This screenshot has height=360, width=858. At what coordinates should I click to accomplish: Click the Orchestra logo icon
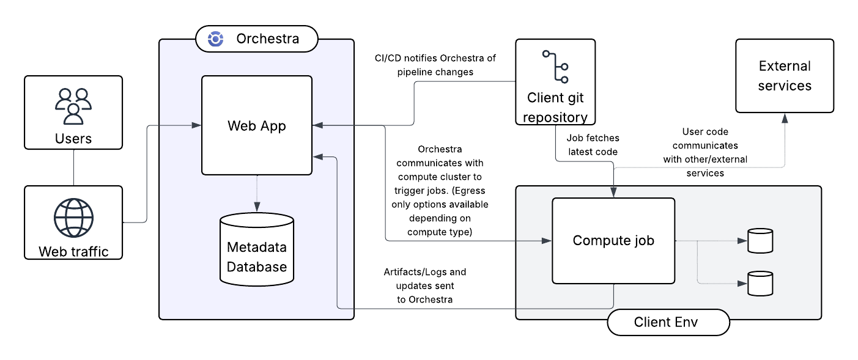pos(215,39)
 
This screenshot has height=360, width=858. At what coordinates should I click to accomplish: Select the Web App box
pos(257,125)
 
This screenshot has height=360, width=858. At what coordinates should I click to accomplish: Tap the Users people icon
pos(73,106)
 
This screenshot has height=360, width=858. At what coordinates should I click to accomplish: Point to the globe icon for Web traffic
pos(73,218)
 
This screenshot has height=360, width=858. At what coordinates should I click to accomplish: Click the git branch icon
pos(555,67)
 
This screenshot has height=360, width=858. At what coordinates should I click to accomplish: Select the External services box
pos(784,76)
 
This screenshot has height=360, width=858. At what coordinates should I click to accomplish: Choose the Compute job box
pos(613,240)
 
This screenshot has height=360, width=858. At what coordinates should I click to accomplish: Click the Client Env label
pos(668,322)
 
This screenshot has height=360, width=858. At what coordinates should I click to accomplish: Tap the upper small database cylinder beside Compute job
pos(760,240)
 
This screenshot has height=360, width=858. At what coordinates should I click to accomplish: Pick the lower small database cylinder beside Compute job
pos(760,283)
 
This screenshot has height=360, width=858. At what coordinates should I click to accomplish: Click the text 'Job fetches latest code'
pos(592,145)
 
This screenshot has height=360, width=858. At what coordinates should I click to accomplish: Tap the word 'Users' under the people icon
pos(73,138)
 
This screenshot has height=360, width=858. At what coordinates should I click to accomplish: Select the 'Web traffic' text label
pos(73,251)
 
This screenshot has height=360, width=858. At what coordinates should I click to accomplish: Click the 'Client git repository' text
pos(555,107)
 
